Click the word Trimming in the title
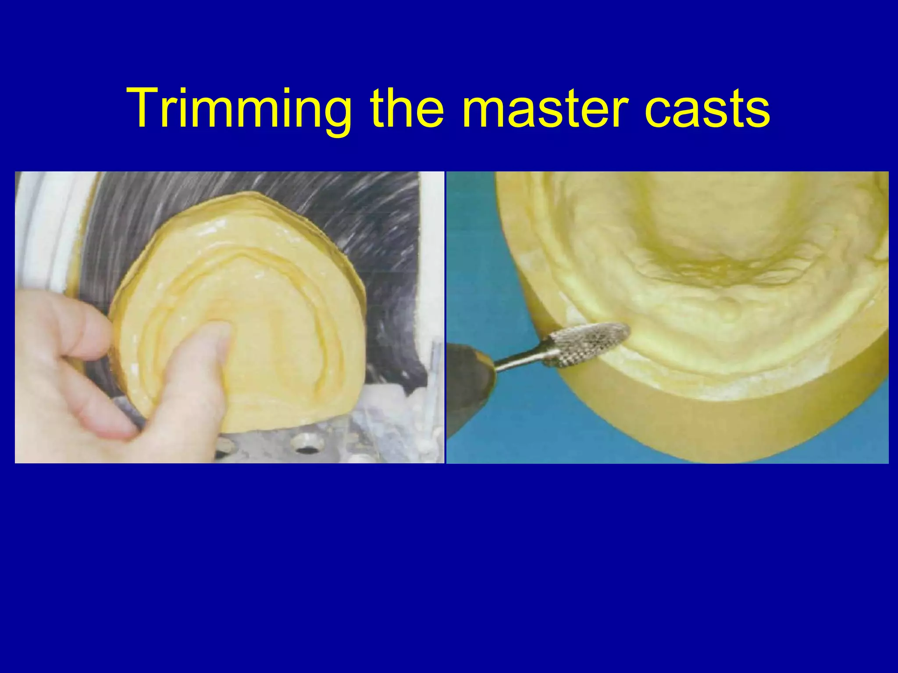[239, 109]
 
